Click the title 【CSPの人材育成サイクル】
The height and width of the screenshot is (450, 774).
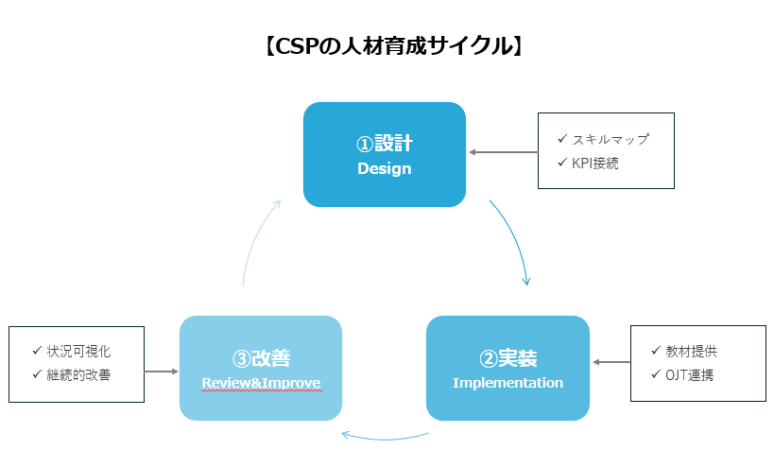point(393,46)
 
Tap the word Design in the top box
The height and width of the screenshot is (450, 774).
point(384,168)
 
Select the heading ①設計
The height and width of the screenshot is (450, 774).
point(384,144)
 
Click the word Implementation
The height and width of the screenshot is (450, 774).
point(507,383)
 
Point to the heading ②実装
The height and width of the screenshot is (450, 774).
point(507,358)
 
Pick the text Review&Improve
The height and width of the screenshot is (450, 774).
point(261,383)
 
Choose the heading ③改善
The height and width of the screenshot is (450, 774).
point(261,358)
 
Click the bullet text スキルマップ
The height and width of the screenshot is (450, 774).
point(611,140)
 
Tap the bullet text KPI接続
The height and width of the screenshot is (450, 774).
point(594,163)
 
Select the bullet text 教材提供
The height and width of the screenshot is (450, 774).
point(691,351)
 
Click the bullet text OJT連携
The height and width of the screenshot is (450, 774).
point(689,375)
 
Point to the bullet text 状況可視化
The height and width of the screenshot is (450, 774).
point(78,351)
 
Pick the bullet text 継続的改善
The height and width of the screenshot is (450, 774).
point(78,375)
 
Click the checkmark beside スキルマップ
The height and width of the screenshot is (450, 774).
point(562,139)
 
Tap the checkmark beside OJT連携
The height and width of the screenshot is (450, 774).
point(656,374)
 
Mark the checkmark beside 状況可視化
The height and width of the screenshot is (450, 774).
point(37,350)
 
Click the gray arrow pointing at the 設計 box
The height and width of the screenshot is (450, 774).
point(503,152)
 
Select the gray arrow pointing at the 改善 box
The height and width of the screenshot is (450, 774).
point(162,372)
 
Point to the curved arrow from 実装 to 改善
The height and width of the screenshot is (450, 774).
point(385,439)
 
